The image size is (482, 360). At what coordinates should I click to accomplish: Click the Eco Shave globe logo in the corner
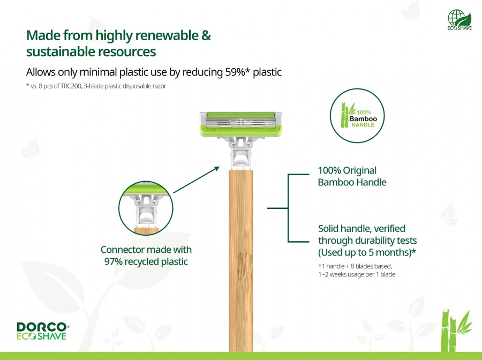pos(460,19)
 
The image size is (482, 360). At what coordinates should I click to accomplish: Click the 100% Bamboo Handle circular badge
pos(357,116)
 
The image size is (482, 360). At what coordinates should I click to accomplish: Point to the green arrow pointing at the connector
pos(197,180)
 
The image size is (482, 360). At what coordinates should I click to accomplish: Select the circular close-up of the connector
pos(146,208)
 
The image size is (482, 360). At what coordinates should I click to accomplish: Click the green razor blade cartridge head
pos(240,124)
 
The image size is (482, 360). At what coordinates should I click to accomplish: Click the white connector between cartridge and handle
pos(240,153)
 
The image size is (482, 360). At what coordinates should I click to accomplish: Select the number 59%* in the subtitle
pos(238,72)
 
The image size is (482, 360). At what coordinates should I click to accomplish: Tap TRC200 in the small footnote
pos(71,86)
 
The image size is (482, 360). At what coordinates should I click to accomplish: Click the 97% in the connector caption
pos(113,261)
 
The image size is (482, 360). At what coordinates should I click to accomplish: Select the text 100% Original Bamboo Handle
pos(352,176)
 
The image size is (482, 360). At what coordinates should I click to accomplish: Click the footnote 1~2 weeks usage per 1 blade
pos(357,274)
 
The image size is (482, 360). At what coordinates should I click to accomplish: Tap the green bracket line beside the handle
pos(288,208)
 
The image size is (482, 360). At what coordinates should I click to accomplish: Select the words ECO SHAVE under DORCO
pos(41,336)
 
